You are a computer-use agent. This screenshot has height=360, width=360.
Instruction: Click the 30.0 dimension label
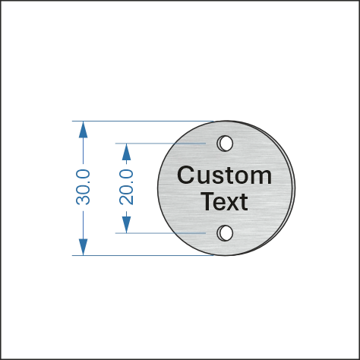[83, 188]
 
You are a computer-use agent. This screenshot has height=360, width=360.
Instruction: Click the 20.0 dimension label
[126, 188]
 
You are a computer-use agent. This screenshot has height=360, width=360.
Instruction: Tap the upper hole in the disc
[225, 144]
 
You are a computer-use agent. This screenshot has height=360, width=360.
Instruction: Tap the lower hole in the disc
[225, 233]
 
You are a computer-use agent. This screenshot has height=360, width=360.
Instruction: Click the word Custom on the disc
[225, 175]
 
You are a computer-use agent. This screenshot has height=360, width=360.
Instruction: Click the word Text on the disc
[225, 201]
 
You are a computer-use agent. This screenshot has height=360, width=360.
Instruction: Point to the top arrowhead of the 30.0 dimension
[83, 130]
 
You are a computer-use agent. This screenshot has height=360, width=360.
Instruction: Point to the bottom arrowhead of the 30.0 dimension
[83, 247]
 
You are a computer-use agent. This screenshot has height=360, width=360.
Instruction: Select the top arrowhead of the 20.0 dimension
[126, 152]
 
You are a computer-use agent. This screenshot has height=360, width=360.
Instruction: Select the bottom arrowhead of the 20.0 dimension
[126, 225]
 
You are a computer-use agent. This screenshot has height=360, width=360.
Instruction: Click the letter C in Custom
[186, 175]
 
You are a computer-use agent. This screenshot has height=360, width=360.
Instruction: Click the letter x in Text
[232, 204]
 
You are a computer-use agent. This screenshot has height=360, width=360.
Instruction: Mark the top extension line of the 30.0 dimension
[143, 122]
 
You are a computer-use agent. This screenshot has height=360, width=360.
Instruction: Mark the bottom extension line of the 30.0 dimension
[143, 255]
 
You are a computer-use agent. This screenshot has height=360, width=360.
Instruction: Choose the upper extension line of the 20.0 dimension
[160, 144]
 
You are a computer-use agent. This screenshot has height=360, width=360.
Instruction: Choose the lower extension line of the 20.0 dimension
[160, 233]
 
